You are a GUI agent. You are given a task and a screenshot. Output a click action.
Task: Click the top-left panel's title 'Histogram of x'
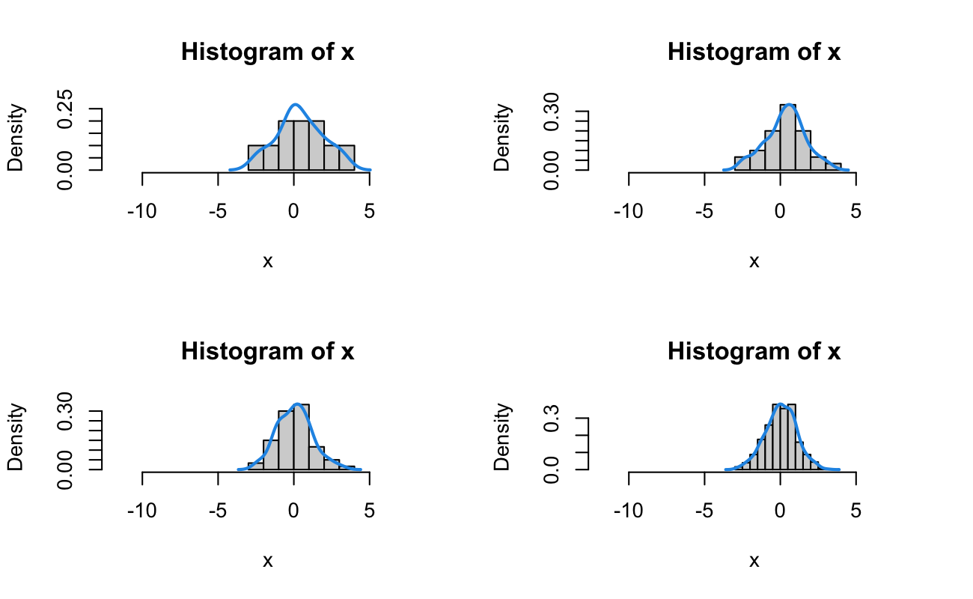(x=268, y=52)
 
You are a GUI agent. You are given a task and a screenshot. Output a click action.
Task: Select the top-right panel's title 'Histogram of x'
(x=754, y=52)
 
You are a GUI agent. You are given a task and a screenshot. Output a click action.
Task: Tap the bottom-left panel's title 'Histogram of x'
(x=268, y=351)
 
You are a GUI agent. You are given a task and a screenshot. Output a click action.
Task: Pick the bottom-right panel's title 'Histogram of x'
(x=754, y=351)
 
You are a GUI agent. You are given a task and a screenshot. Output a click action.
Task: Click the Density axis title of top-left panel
(x=16, y=139)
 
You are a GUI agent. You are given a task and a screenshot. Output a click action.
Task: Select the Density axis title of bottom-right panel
(x=503, y=438)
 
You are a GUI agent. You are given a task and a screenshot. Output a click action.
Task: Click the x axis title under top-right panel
(x=754, y=261)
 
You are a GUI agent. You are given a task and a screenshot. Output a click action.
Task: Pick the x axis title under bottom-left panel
(x=268, y=561)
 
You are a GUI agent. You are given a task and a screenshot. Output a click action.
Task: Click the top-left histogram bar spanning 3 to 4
(x=347, y=157)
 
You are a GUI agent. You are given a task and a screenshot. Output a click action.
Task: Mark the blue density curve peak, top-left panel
(x=296, y=105)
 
